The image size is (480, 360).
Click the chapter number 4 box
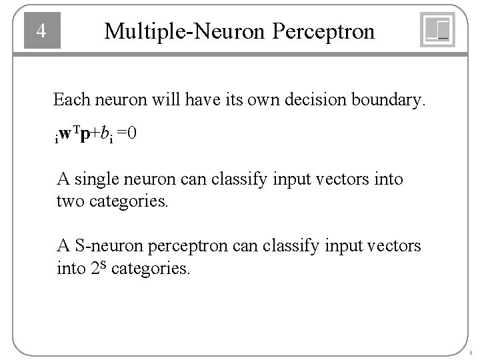[x=42, y=31]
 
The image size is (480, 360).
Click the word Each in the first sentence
[x=68, y=101]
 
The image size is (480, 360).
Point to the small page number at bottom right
[x=471, y=353]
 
